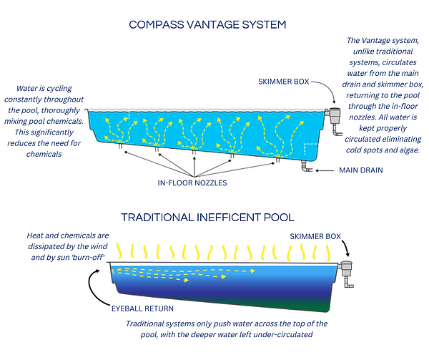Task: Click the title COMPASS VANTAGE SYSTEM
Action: (x=207, y=24)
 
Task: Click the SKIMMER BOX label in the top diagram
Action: (x=284, y=82)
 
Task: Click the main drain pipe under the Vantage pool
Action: (x=305, y=167)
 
